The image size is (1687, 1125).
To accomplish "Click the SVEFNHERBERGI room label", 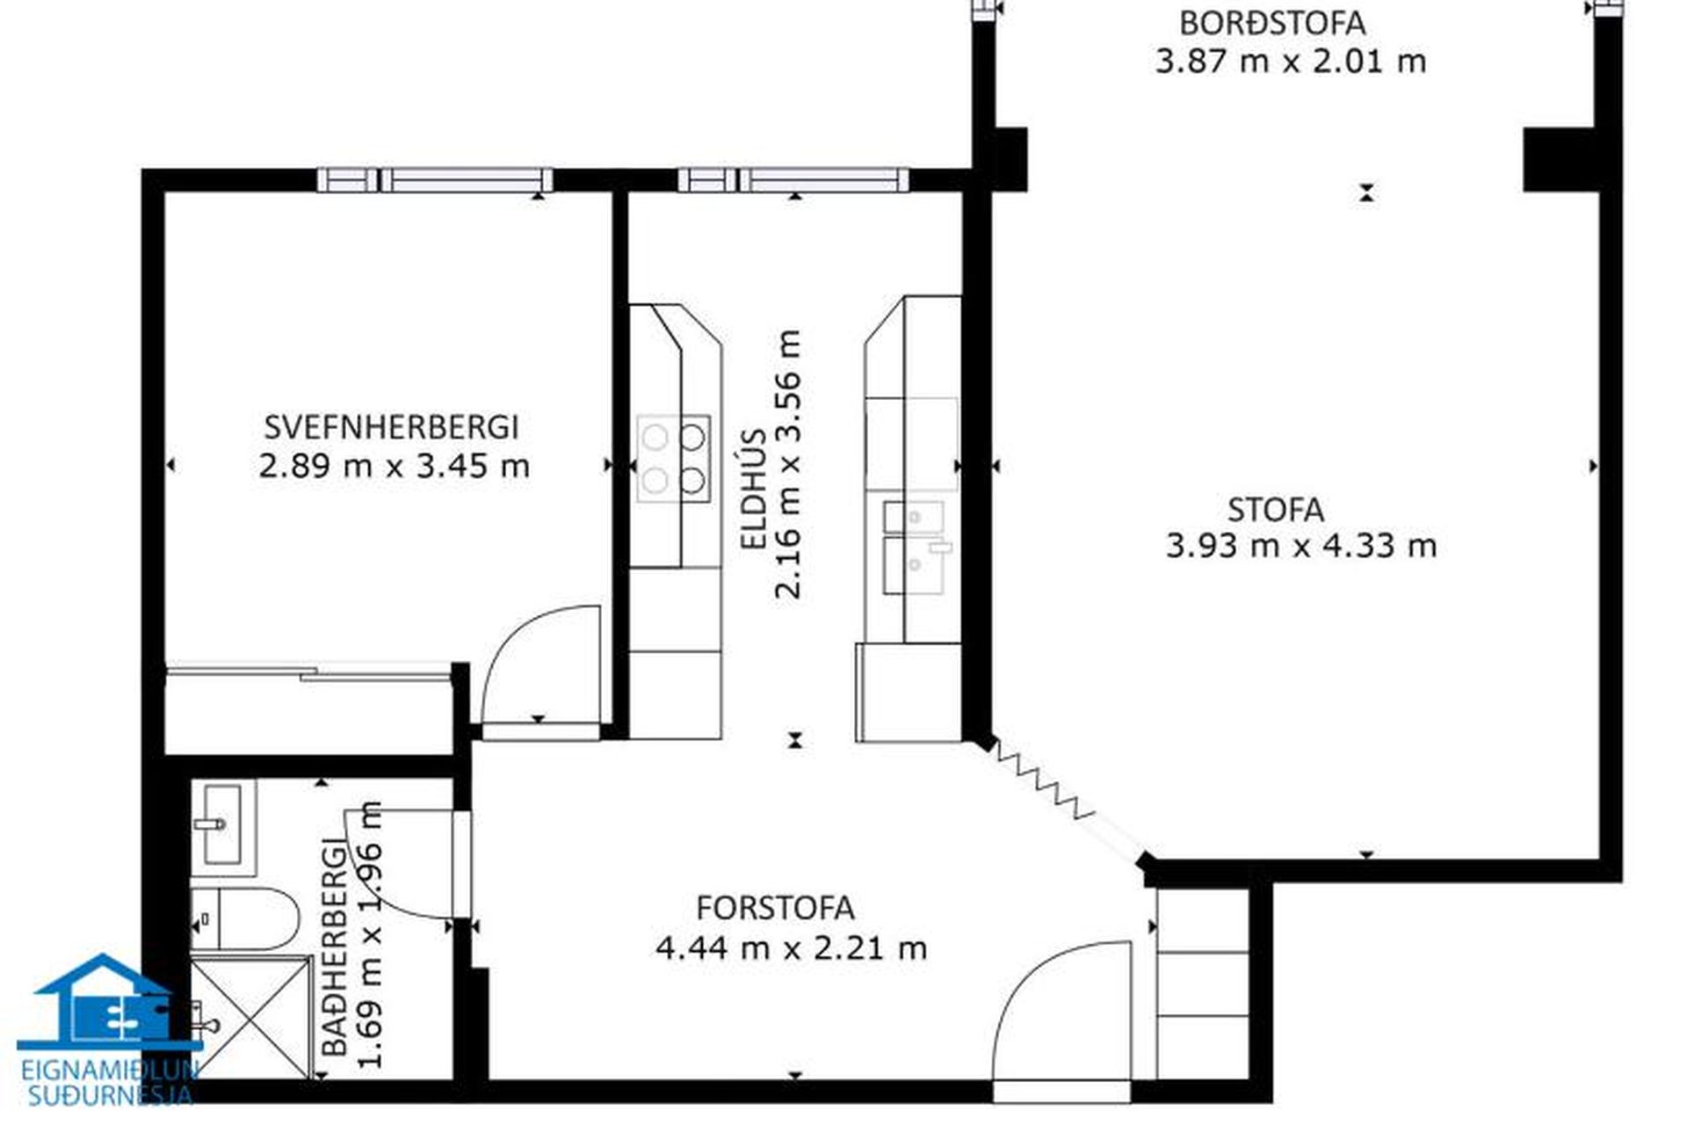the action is (x=392, y=427).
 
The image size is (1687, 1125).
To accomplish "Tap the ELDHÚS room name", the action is (x=755, y=490).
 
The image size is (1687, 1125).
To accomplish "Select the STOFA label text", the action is (x=1276, y=510).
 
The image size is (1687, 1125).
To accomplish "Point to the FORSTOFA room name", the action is (x=775, y=908).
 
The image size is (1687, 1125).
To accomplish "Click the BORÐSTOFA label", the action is (x=1272, y=23).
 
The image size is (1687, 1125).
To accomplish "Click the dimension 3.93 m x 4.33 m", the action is (x=1301, y=547).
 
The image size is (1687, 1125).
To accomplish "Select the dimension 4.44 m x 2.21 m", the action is (x=791, y=948).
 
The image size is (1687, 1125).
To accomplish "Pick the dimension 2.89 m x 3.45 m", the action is (x=395, y=466).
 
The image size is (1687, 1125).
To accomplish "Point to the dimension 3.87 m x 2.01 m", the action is (x=1290, y=62).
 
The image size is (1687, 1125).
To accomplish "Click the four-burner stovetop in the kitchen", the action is (x=674, y=458).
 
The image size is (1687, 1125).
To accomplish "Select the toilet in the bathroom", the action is (x=245, y=918).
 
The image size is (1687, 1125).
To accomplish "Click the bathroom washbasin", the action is (x=223, y=825).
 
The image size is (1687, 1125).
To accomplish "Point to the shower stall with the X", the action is (x=251, y=1017).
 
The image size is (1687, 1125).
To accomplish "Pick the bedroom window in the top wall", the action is (x=435, y=180).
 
